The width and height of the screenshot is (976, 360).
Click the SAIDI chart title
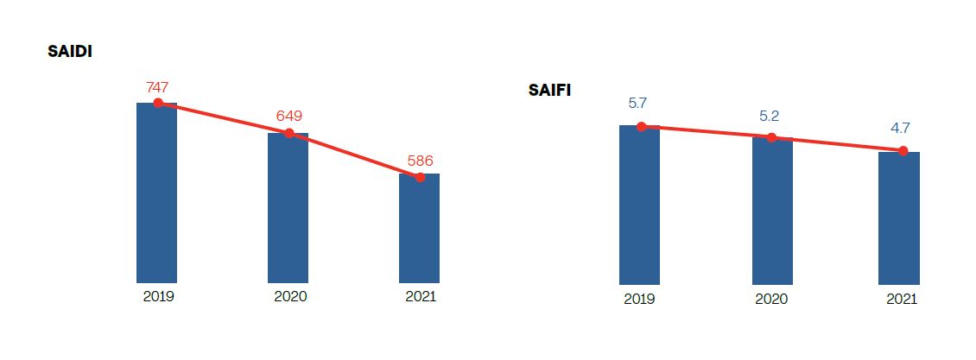(70, 52)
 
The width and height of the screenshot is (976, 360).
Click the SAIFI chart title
(549, 90)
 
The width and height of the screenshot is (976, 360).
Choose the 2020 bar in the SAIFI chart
(772, 212)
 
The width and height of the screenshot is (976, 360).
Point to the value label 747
(157, 86)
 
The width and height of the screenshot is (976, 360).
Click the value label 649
(288, 116)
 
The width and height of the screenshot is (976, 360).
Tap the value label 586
(420, 160)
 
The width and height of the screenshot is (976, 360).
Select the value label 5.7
(638, 103)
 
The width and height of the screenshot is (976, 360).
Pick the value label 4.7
(901, 128)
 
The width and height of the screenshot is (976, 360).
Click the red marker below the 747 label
(158, 103)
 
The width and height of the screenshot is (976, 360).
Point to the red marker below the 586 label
(420, 177)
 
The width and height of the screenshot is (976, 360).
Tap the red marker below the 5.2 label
(772, 138)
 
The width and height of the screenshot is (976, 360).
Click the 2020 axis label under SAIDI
(290, 296)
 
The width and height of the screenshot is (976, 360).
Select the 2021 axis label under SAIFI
(902, 299)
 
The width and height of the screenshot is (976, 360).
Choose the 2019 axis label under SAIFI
(639, 299)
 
